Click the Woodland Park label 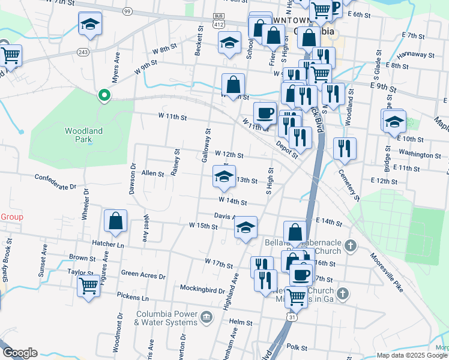point(84,135)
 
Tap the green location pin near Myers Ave point(104,95)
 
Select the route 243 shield point(83,52)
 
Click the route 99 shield point(127,11)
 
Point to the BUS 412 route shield point(219,21)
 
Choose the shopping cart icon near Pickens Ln point(88,285)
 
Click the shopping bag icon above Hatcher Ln point(115,220)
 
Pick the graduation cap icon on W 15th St point(245,227)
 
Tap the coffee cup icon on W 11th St point(265,113)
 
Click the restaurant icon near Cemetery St point(345,148)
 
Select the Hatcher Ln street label point(108,245)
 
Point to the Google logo point(20,353)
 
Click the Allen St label point(152,173)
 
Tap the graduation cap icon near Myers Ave point(90,24)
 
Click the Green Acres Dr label point(143,276)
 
